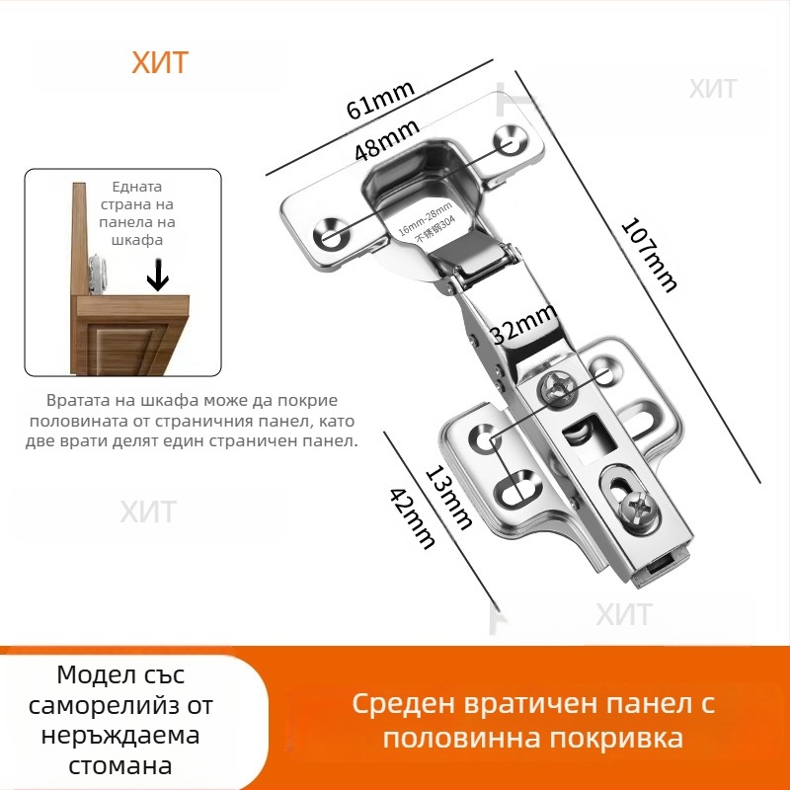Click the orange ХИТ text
[x=159, y=63]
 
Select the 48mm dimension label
[x=387, y=137]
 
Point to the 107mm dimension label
[x=649, y=254]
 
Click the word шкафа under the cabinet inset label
[x=137, y=239]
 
